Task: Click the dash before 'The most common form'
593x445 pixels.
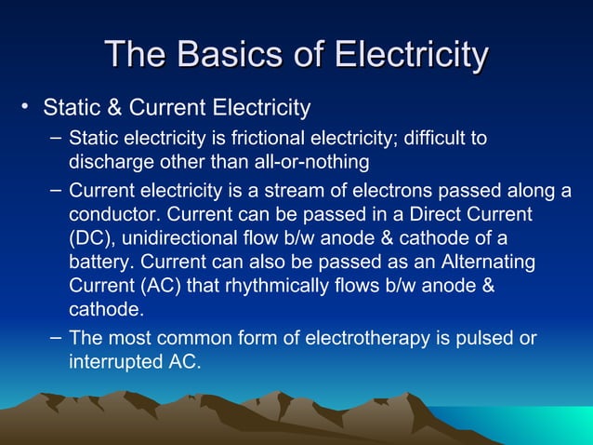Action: coord(56,336)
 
